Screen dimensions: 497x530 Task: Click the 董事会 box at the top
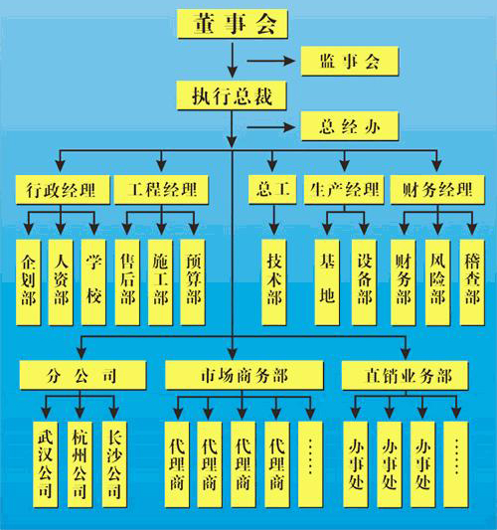[233, 24]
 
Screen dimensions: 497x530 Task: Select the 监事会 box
[350, 62]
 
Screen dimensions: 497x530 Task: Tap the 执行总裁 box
[232, 95]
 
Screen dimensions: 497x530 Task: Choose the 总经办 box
[350, 126]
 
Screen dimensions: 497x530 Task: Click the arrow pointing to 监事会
[271, 62]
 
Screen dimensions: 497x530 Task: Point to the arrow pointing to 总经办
[271, 127]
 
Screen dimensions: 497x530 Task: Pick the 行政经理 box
[63, 190]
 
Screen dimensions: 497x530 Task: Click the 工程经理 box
[161, 190]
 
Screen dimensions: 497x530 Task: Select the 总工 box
[272, 190]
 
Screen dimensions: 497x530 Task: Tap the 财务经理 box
[437, 190]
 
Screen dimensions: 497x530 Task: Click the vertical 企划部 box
[29, 282]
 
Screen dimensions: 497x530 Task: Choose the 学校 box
[93, 282]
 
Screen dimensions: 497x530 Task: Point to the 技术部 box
[274, 282]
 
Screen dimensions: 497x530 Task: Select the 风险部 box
[437, 282]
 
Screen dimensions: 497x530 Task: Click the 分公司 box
[83, 375]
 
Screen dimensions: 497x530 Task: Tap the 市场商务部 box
[244, 375]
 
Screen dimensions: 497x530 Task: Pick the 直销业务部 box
[406, 375]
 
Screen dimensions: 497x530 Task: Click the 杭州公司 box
[80, 464]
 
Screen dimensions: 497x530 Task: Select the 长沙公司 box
[114, 464]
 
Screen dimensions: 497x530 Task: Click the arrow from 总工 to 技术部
[274, 220]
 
